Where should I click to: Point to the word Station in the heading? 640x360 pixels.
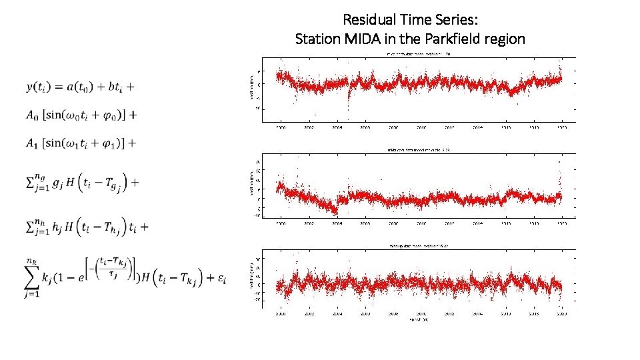coord(317,39)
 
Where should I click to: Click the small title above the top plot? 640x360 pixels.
coord(418,54)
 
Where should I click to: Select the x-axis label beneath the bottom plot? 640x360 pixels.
coord(418,320)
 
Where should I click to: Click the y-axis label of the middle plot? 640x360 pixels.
coord(249,189)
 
